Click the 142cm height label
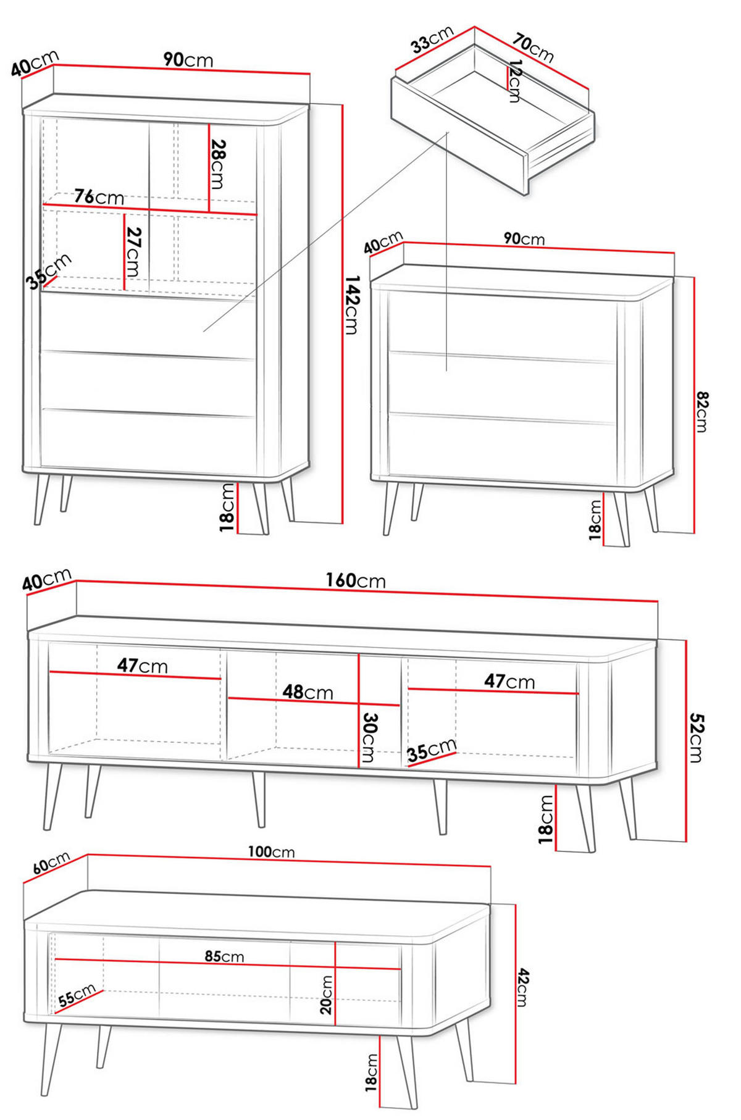[x=351, y=304]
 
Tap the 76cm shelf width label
[x=99, y=197]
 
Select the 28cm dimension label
[x=218, y=164]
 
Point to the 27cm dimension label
[x=133, y=252]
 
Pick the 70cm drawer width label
[x=533, y=48]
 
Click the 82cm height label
[x=702, y=411]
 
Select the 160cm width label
[x=356, y=580]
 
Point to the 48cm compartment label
[x=308, y=692]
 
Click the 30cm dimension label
[x=369, y=737]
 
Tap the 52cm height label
[x=697, y=738]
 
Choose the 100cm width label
[x=271, y=852]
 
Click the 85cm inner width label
[x=224, y=956]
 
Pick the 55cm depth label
[x=77, y=995]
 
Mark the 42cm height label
[x=522, y=987]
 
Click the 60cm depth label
[x=51, y=863]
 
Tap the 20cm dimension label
[x=326, y=995]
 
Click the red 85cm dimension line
[x=228, y=964]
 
